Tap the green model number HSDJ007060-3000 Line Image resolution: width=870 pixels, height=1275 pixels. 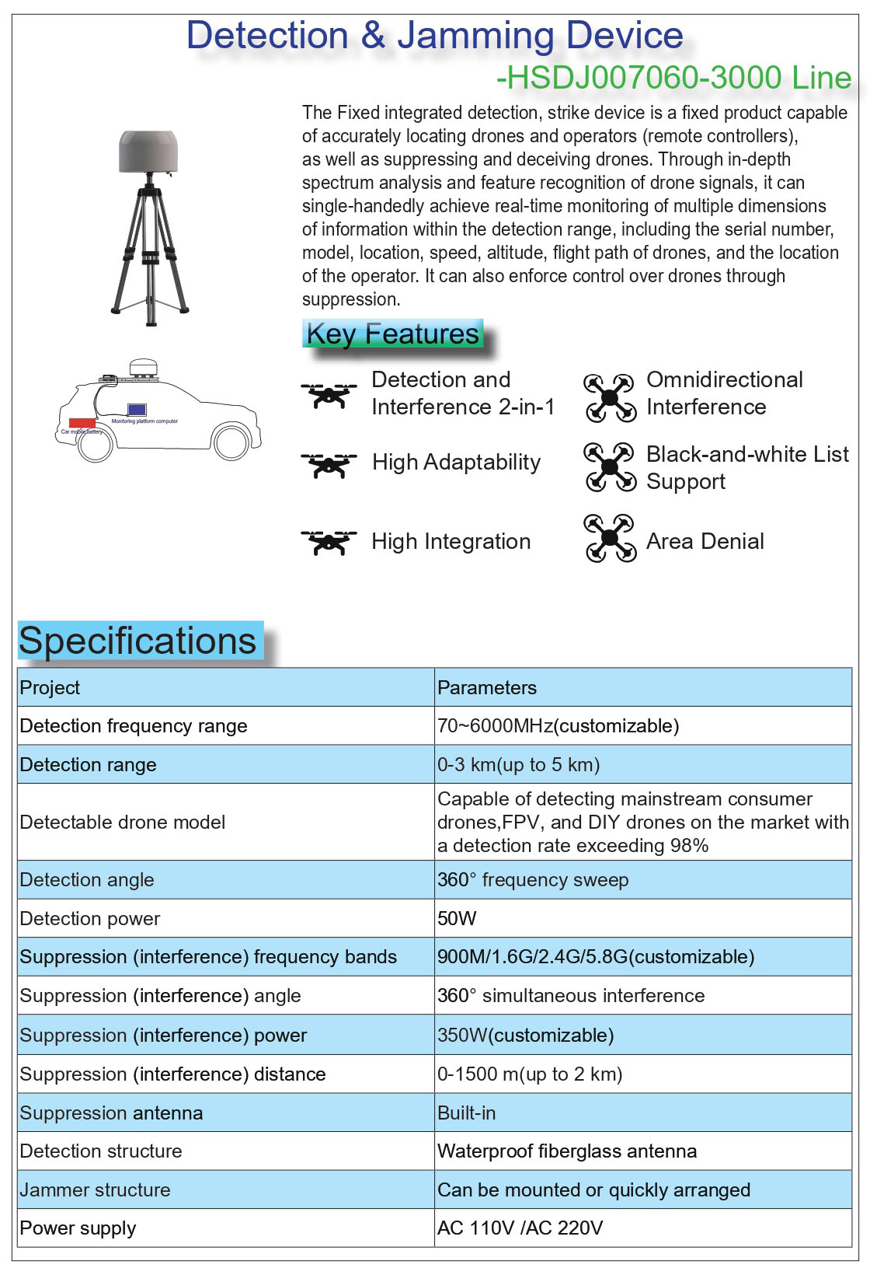pyautogui.click(x=673, y=78)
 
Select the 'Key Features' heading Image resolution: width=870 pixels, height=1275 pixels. pyautogui.click(x=392, y=334)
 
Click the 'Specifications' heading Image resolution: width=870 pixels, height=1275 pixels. pyautogui.click(x=137, y=641)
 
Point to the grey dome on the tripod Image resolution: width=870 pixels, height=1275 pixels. pyautogui.click(x=148, y=152)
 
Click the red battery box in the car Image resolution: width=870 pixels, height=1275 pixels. pyautogui.click(x=82, y=424)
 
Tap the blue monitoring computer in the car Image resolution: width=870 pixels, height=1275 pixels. pyautogui.click(x=137, y=410)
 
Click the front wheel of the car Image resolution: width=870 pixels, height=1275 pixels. pyautogui.click(x=231, y=442)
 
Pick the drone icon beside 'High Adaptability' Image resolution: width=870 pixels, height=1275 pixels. pyautogui.click(x=329, y=464)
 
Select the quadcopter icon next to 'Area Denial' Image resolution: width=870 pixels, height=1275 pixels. pyautogui.click(x=610, y=538)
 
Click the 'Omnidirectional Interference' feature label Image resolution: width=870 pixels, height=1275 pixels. pyautogui.click(x=724, y=393)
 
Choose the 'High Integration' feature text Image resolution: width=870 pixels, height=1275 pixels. pyautogui.click(x=451, y=542)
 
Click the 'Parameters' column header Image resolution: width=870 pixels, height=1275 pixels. pyautogui.click(x=487, y=688)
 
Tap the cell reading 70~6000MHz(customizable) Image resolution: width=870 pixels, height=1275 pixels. pyautogui.click(x=558, y=726)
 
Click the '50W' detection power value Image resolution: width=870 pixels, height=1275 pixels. pyautogui.click(x=457, y=919)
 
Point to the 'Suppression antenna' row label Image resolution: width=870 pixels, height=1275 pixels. pyautogui.click(x=111, y=1113)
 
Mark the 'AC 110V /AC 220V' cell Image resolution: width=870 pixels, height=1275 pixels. pyautogui.click(x=520, y=1228)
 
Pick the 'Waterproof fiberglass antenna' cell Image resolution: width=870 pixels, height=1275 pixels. pyautogui.click(x=566, y=1151)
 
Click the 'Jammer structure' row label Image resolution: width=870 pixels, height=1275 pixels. pyautogui.click(x=95, y=1190)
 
